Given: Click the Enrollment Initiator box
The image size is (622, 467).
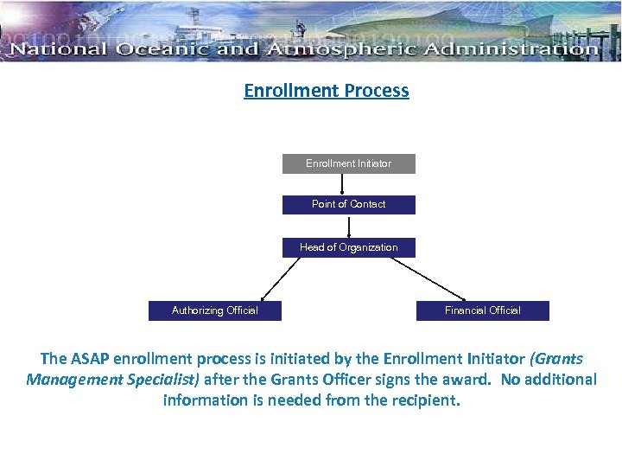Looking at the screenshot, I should coord(348,163).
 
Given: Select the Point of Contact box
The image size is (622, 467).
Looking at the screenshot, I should coord(348,205).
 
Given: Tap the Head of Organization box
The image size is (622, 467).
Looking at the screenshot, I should coord(348,247).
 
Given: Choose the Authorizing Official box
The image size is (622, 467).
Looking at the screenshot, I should coord(214,310).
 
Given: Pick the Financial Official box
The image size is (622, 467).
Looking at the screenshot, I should coord(482,310).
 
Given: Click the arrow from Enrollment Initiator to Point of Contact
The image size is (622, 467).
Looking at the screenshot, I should coord(343,184).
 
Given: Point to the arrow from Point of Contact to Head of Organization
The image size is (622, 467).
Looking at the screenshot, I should coord(349,226).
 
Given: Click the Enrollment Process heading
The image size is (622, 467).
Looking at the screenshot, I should coord(326,91).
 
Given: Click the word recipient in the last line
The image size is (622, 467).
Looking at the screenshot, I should coord(422,400).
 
